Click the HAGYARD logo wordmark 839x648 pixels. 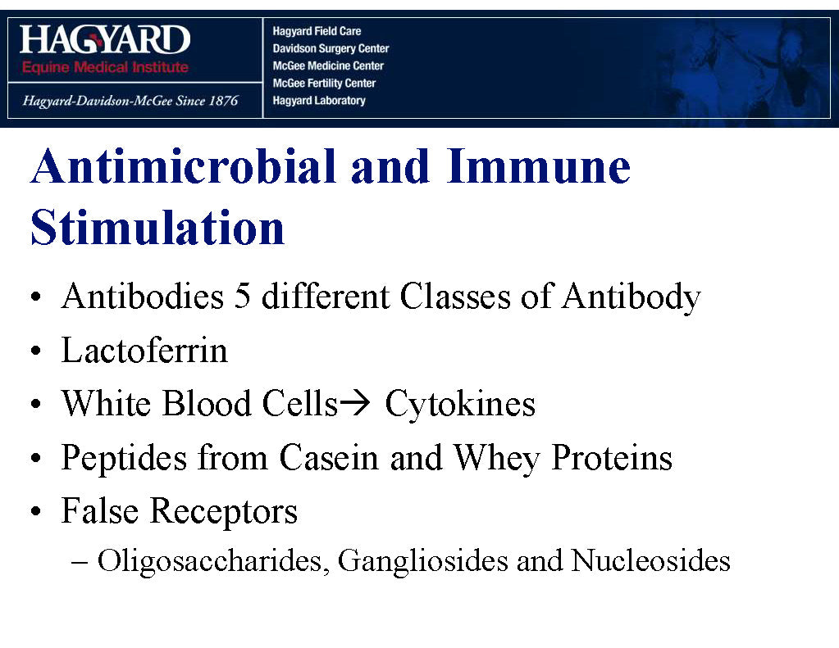coord(105,39)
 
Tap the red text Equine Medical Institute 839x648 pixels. coord(105,67)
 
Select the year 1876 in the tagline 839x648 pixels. coord(223,101)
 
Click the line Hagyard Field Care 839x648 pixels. coord(317,31)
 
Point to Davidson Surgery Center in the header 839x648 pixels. coord(331,48)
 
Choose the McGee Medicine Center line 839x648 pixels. coord(328,66)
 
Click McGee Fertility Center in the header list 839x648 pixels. coord(324,83)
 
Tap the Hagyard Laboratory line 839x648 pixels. coord(319,101)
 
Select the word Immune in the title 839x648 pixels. coord(539,166)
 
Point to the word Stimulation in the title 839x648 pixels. coord(157,228)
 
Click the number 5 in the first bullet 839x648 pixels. coord(243,296)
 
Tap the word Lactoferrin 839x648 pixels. coord(144,350)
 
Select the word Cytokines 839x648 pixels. coord(460,403)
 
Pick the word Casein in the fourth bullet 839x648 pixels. coord(329,458)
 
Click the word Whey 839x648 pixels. coord(497,459)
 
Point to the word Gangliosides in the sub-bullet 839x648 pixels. coord(422,561)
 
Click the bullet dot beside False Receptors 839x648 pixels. coord(36,512)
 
